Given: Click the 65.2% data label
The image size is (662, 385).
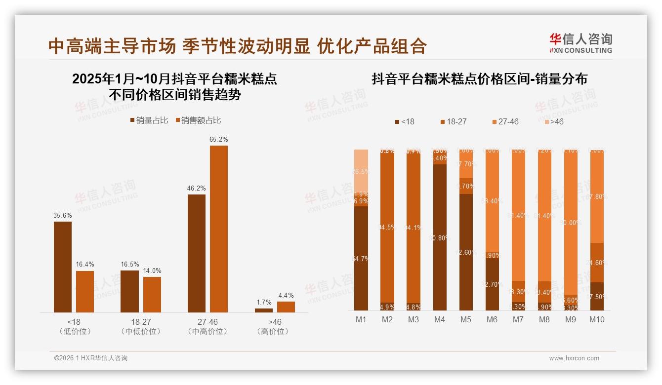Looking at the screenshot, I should [218, 140].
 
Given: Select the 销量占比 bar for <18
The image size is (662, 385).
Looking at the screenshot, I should [63, 267].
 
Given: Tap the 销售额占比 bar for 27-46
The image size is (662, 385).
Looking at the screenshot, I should [218, 229].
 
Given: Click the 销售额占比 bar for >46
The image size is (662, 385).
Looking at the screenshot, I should [286, 307].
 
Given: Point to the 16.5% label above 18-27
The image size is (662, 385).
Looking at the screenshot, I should [130, 265].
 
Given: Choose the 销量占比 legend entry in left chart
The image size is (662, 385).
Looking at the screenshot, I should [149, 120].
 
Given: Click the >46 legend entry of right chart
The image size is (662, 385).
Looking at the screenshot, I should [553, 121].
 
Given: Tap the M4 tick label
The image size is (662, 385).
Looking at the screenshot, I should [439, 319].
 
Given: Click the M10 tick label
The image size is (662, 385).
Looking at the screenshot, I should [596, 319].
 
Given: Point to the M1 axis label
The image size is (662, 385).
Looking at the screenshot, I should [361, 319].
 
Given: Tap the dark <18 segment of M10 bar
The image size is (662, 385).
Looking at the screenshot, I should [597, 296].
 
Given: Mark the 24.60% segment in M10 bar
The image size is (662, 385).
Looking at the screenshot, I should [597, 263].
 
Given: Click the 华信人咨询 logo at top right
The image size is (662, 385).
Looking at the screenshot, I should [581, 43].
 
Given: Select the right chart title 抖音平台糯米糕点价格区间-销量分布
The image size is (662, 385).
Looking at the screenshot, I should [479, 79].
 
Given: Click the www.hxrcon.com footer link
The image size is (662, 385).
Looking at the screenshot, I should [574, 358].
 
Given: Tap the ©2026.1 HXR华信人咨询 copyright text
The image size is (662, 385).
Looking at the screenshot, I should [91, 358].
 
